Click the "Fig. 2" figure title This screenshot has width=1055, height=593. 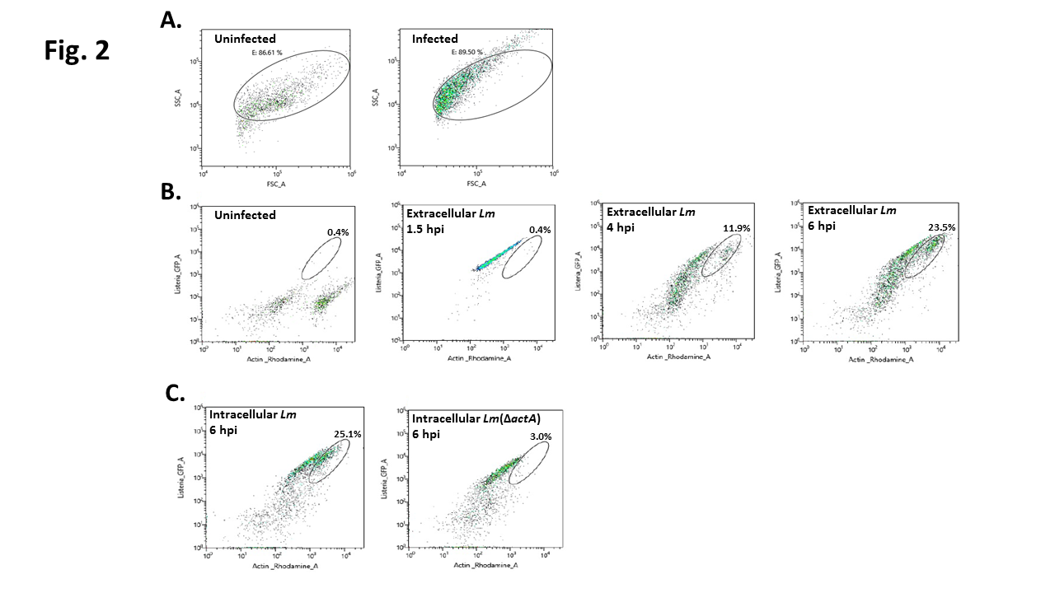tap(77, 50)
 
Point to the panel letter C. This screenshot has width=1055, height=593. tap(176, 393)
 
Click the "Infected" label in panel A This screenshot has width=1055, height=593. tap(434, 39)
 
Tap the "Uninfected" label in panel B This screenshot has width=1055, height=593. tap(245, 215)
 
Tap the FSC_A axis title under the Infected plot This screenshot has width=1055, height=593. tap(476, 182)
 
